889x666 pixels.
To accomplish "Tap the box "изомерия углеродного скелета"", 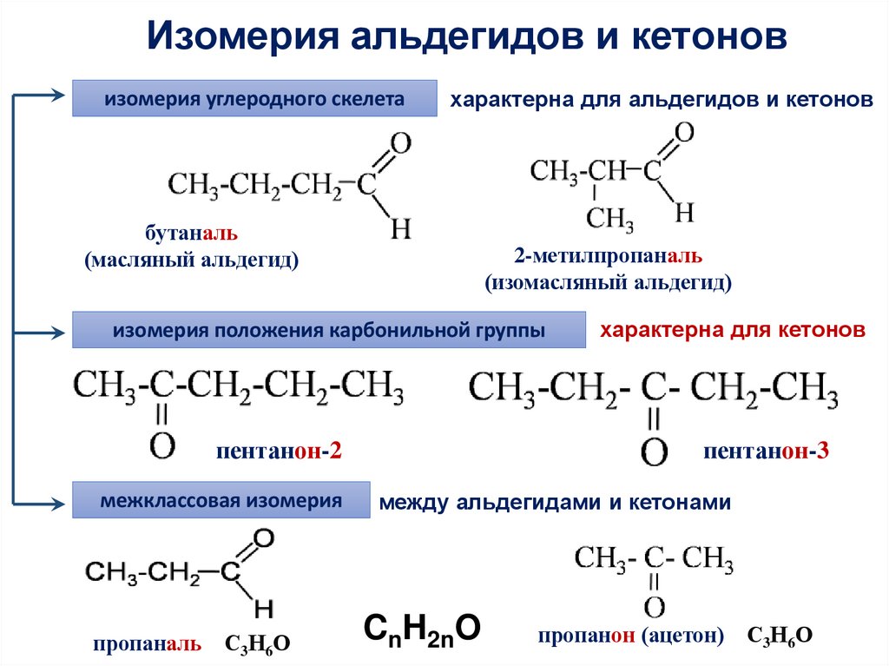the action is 254,99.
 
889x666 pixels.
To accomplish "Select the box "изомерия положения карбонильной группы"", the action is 328,331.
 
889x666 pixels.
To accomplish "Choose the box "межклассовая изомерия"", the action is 221,501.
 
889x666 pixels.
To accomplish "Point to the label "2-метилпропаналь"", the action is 607,257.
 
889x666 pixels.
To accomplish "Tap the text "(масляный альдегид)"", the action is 192,260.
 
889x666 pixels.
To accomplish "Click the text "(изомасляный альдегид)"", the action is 608,282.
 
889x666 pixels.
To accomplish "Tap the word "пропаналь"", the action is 148,643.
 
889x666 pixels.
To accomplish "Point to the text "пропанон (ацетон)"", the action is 631,636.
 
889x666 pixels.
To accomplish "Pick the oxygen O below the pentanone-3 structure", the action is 655,452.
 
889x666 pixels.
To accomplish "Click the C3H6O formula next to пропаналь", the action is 258,643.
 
